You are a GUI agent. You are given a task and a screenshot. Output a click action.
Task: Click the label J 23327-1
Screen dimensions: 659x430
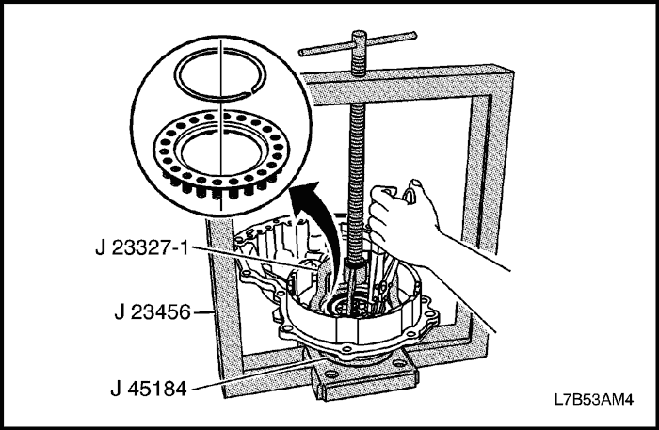click(142, 248)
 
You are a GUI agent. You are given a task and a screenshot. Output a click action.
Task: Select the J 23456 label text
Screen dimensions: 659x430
click(153, 312)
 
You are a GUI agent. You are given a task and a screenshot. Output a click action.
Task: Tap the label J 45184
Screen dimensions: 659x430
click(149, 389)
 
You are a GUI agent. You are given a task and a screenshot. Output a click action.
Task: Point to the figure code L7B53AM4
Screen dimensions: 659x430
click(593, 399)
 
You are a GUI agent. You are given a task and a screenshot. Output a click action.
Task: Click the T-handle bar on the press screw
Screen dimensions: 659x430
click(358, 43)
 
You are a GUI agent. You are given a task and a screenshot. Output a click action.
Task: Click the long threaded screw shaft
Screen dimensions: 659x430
click(357, 168)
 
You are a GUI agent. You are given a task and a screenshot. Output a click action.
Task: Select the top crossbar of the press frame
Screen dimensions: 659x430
click(404, 83)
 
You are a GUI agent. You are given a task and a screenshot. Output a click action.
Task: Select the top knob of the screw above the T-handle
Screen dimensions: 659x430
click(359, 37)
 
